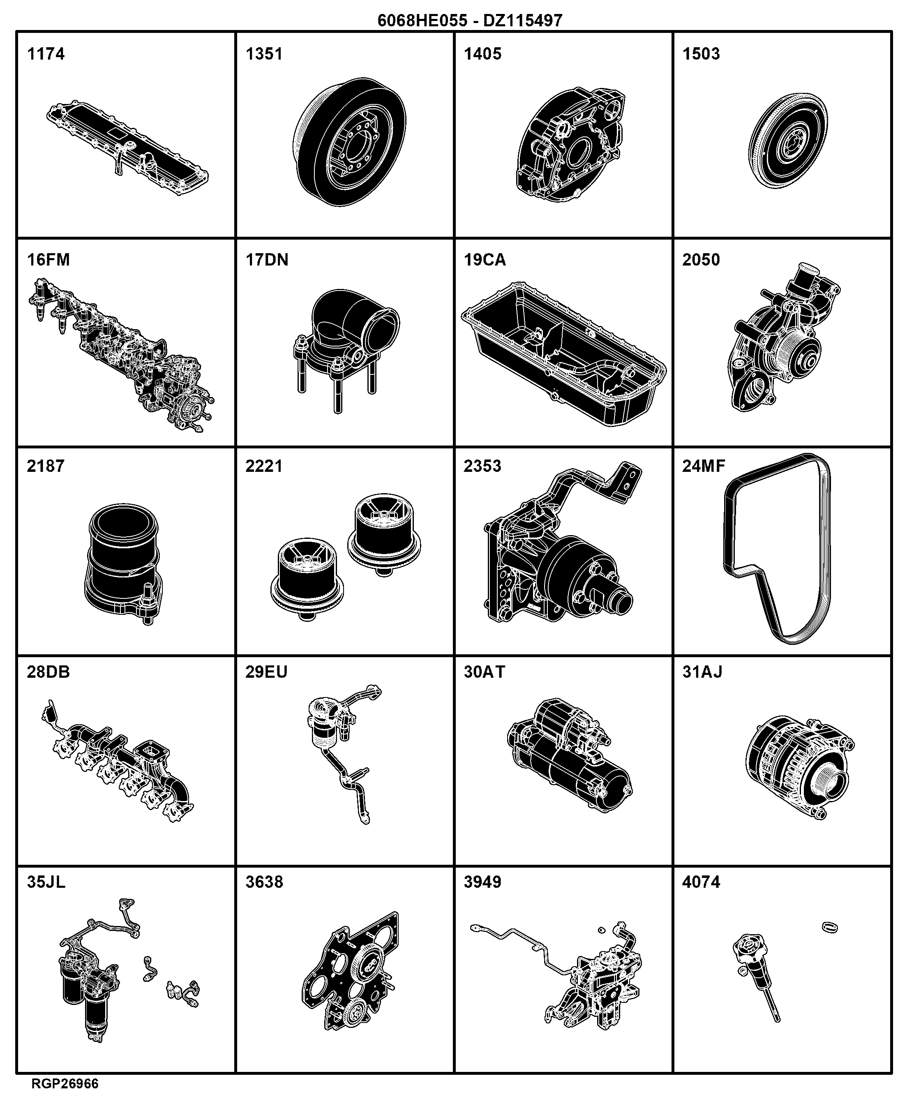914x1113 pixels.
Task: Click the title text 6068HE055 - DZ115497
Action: click(470, 21)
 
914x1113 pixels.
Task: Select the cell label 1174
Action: click(46, 54)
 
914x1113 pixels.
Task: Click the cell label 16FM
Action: click(48, 260)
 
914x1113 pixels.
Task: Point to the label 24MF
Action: click(704, 466)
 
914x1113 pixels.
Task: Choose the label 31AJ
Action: click(702, 672)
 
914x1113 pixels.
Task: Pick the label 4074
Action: click(701, 882)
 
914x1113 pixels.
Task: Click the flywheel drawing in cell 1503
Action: click(788, 141)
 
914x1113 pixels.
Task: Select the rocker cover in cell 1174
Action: click(127, 148)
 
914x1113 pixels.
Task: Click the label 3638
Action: click(264, 882)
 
